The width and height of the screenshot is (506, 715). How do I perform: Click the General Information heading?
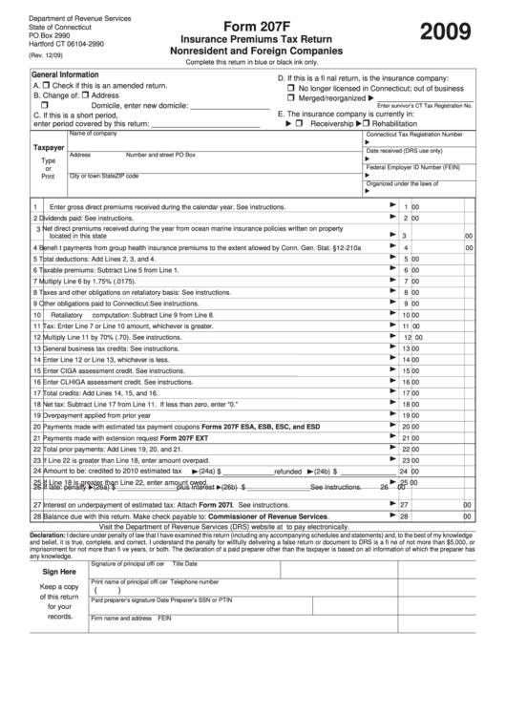[65, 74]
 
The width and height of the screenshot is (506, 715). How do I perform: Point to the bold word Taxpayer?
[50, 148]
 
